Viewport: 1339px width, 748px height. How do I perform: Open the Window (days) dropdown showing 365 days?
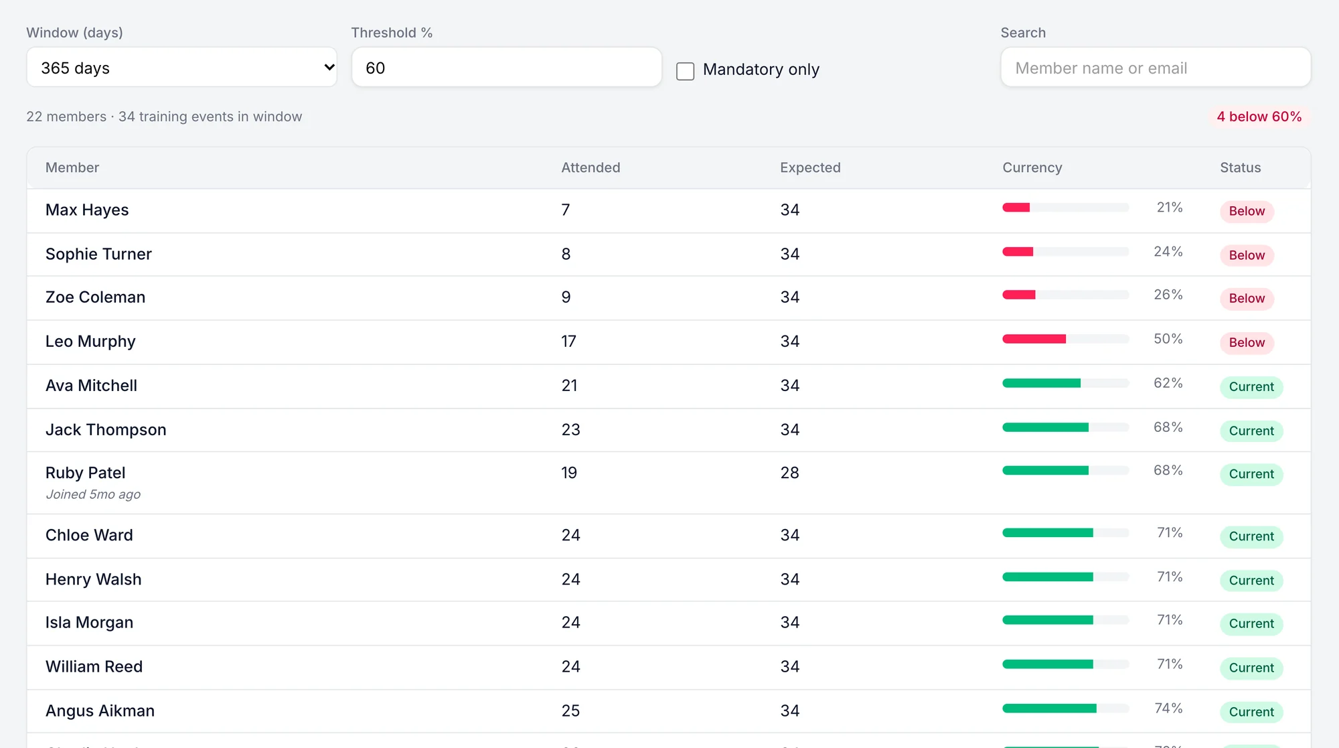(181, 67)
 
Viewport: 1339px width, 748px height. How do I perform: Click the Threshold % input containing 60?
(506, 67)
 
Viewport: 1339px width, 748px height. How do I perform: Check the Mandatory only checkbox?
(685, 71)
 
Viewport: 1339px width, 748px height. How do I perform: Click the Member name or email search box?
(1156, 67)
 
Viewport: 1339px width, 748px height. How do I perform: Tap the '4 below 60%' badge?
(1259, 117)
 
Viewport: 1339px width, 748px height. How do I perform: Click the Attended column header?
(590, 167)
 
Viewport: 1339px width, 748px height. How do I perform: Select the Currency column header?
(1032, 167)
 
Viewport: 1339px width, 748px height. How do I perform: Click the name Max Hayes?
(87, 210)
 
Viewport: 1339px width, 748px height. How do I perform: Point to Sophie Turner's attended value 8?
(566, 254)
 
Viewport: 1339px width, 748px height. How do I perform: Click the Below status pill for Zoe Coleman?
(1247, 298)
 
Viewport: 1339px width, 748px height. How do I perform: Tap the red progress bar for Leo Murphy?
(1034, 339)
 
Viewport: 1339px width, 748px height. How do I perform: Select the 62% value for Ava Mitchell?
(1168, 383)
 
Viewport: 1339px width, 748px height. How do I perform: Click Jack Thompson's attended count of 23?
(570, 429)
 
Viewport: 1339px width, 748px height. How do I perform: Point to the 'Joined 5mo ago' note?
(93, 494)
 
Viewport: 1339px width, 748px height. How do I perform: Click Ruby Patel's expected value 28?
(789, 473)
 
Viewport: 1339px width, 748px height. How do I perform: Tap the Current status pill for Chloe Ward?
(1251, 536)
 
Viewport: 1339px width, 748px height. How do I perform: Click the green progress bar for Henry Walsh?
(1047, 577)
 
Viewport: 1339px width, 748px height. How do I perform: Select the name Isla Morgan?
(89, 622)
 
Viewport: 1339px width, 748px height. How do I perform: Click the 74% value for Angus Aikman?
(1168, 708)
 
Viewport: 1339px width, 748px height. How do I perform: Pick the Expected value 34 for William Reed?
(789, 666)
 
